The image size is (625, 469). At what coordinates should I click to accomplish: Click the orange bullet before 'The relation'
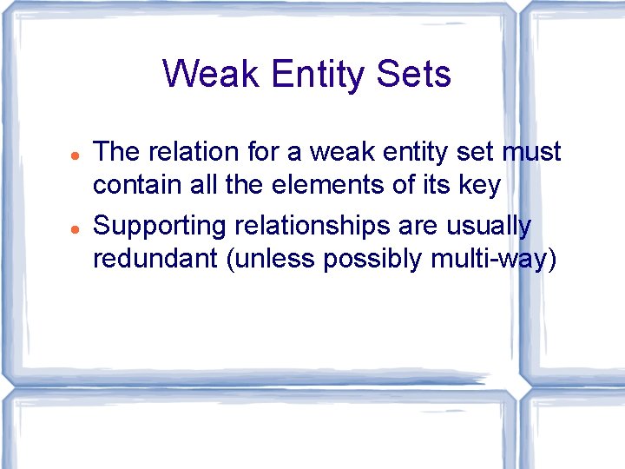click(x=76, y=155)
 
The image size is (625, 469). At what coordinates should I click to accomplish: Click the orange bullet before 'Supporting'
click(x=76, y=228)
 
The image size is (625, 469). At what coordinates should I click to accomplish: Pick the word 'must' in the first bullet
click(x=531, y=153)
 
